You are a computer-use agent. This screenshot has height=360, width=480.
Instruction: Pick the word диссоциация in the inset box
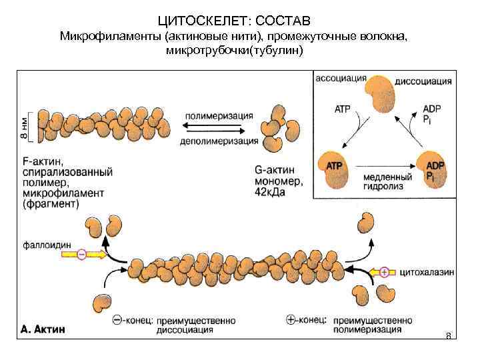423,81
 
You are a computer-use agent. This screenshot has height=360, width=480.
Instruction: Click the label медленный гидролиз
382,181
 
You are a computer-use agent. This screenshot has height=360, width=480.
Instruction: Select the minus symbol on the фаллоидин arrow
81,255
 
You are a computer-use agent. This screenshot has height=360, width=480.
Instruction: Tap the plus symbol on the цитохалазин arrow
384,271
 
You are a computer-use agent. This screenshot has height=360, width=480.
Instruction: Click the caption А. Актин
48,329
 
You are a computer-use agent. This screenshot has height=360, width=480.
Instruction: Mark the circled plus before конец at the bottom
290,319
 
